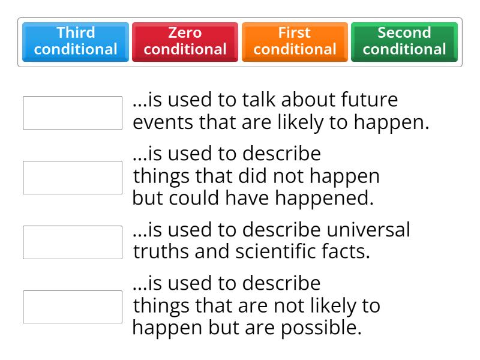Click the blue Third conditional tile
(x=76, y=42)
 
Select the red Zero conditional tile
(x=185, y=42)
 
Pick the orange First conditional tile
(x=295, y=42)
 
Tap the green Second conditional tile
(x=404, y=42)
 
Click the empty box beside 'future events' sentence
(x=73, y=112)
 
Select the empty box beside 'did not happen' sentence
(x=73, y=177)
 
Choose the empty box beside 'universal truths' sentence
(x=73, y=242)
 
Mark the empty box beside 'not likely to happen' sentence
(x=73, y=307)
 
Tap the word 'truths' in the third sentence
(x=160, y=252)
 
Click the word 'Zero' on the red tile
(x=185, y=33)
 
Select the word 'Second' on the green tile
(x=404, y=33)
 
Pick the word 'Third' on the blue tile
(x=76, y=33)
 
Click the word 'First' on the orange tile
(x=295, y=33)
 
